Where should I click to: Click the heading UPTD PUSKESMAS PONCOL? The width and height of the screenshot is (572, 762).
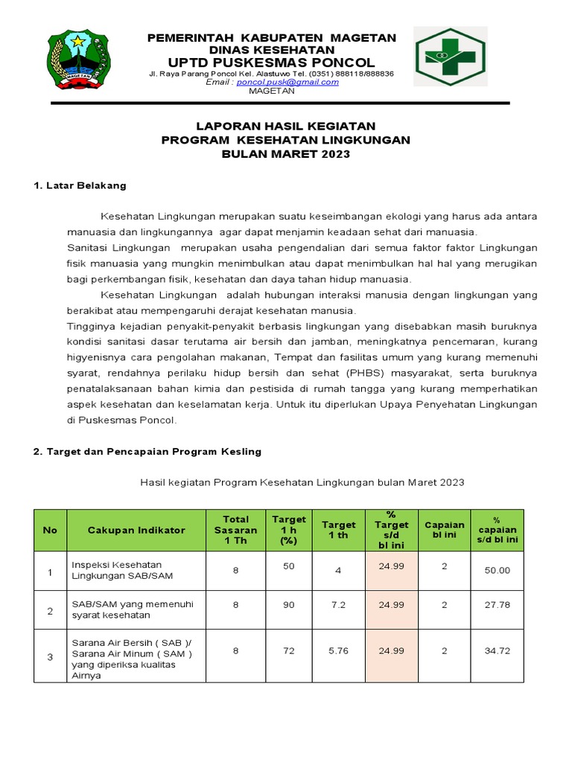[272, 62]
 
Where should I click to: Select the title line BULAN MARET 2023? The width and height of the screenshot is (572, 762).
[286, 154]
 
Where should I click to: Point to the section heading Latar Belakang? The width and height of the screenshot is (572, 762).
[80, 185]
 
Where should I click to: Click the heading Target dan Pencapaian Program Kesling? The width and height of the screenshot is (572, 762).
[147, 452]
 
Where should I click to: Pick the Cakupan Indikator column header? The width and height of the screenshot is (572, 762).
[136, 531]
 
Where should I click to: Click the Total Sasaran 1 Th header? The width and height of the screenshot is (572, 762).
[235, 530]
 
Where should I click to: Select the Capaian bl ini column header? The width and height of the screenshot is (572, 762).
[444, 530]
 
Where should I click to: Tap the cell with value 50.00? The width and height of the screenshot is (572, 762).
[497, 571]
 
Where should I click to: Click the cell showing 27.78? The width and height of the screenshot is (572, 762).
[497, 606]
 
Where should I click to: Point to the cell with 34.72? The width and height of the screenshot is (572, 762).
[497, 651]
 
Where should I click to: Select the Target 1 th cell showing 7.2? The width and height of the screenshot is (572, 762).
[338, 606]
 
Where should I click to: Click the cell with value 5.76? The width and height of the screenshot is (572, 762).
[338, 651]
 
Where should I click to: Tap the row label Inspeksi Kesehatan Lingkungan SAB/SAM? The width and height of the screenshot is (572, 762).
[116, 571]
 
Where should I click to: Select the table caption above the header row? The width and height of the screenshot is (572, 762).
[302, 483]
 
